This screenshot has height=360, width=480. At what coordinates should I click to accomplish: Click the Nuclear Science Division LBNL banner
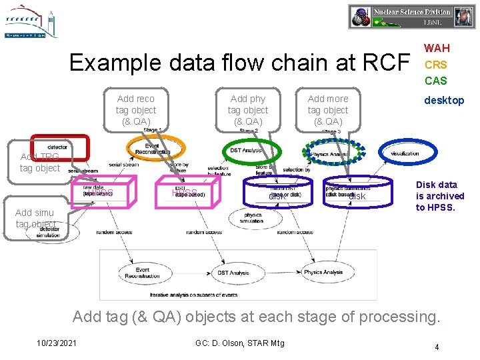pyautogui.click(x=411, y=17)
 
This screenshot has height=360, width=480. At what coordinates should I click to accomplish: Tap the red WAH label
pyautogui.click(x=437, y=48)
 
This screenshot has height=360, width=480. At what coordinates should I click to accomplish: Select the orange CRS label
pyautogui.click(x=435, y=65)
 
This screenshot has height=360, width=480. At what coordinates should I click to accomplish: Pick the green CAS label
pyautogui.click(x=435, y=81)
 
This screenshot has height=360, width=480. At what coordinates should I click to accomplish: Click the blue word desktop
pyautogui.click(x=445, y=100)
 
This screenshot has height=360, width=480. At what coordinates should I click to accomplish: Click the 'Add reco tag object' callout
pyautogui.click(x=136, y=110)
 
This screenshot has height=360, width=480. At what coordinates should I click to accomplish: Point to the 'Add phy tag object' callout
pyautogui.click(x=248, y=110)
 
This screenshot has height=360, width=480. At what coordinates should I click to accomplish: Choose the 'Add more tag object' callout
pyautogui.click(x=328, y=110)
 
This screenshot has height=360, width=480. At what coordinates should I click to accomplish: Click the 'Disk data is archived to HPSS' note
pyautogui.click(x=440, y=196)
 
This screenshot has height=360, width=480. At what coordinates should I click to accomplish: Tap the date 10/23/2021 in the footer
pyautogui.click(x=57, y=343)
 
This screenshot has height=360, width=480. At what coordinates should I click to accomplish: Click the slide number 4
pyautogui.click(x=437, y=347)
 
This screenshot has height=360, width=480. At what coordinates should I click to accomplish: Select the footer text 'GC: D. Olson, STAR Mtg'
pyautogui.click(x=240, y=343)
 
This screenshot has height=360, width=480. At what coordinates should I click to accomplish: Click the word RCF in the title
pyautogui.click(x=385, y=63)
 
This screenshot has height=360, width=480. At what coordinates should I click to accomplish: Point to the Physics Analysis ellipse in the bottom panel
pyautogui.click(x=323, y=272)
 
